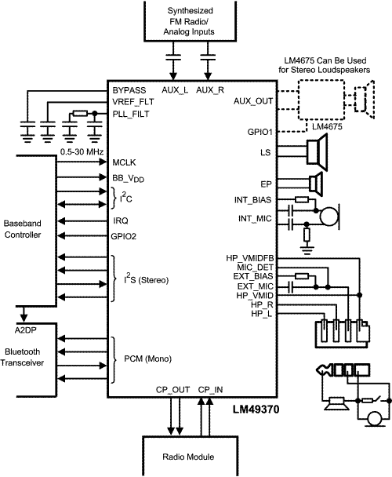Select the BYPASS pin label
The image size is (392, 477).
[130, 91]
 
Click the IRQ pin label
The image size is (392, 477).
[121, 220]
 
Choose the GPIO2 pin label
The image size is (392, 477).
[127, 235]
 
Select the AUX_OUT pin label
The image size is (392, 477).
[254, 102]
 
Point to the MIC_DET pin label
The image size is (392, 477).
[253, 268]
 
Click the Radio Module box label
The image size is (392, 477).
[191, 457]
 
